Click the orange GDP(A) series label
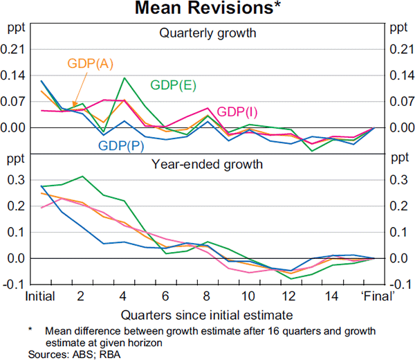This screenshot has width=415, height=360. (91, 64)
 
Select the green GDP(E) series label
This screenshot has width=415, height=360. (173, 85)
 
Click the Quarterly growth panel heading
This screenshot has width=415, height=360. (207, 33)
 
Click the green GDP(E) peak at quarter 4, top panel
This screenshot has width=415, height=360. (124, 78)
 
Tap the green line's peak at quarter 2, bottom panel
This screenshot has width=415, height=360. (83, 177)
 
